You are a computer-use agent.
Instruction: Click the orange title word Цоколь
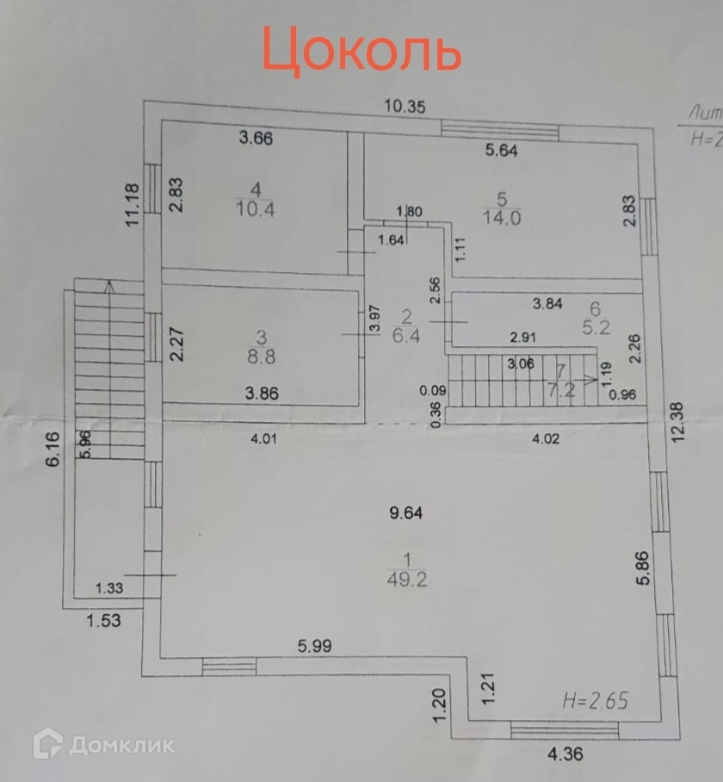tap(361, 49)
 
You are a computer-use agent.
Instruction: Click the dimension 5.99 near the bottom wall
tap(314, 644)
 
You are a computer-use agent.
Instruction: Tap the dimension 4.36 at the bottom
tap(565, 755)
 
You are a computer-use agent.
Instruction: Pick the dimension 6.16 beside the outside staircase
tap(53, 449)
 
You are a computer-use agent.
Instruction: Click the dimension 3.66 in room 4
tap(256, 138)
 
